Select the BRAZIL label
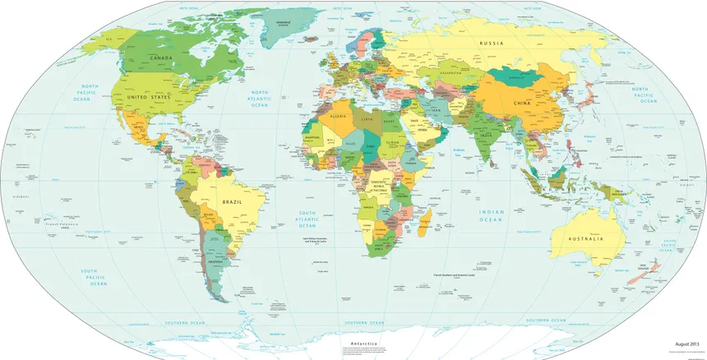(231, 201)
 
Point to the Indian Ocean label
(492, 215)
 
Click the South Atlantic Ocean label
(310, 217)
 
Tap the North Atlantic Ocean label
(260, 99)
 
